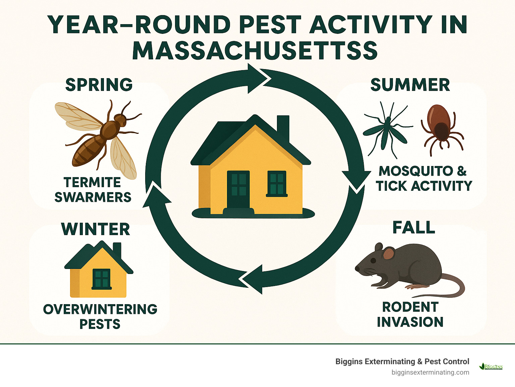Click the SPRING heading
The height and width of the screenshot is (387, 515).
(99, 85)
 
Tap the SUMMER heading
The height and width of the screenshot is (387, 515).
(410, 85)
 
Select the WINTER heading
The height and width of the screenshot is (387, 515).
(96, 229)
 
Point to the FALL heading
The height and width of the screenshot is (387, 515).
(414, 228)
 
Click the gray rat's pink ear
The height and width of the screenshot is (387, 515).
(389, 254)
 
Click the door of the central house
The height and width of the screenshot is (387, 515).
(238, 189)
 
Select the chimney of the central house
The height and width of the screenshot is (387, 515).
(283, 127)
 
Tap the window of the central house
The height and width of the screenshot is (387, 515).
(277, 183)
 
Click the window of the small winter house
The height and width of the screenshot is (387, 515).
(102, 279)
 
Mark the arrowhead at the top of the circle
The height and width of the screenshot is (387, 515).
(258, 79)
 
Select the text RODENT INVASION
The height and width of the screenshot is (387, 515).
(410, 315)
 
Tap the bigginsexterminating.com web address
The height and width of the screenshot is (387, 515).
(430, 373)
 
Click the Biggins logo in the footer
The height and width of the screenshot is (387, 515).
(491, 367)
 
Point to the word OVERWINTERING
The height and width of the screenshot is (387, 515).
(100, 309)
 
